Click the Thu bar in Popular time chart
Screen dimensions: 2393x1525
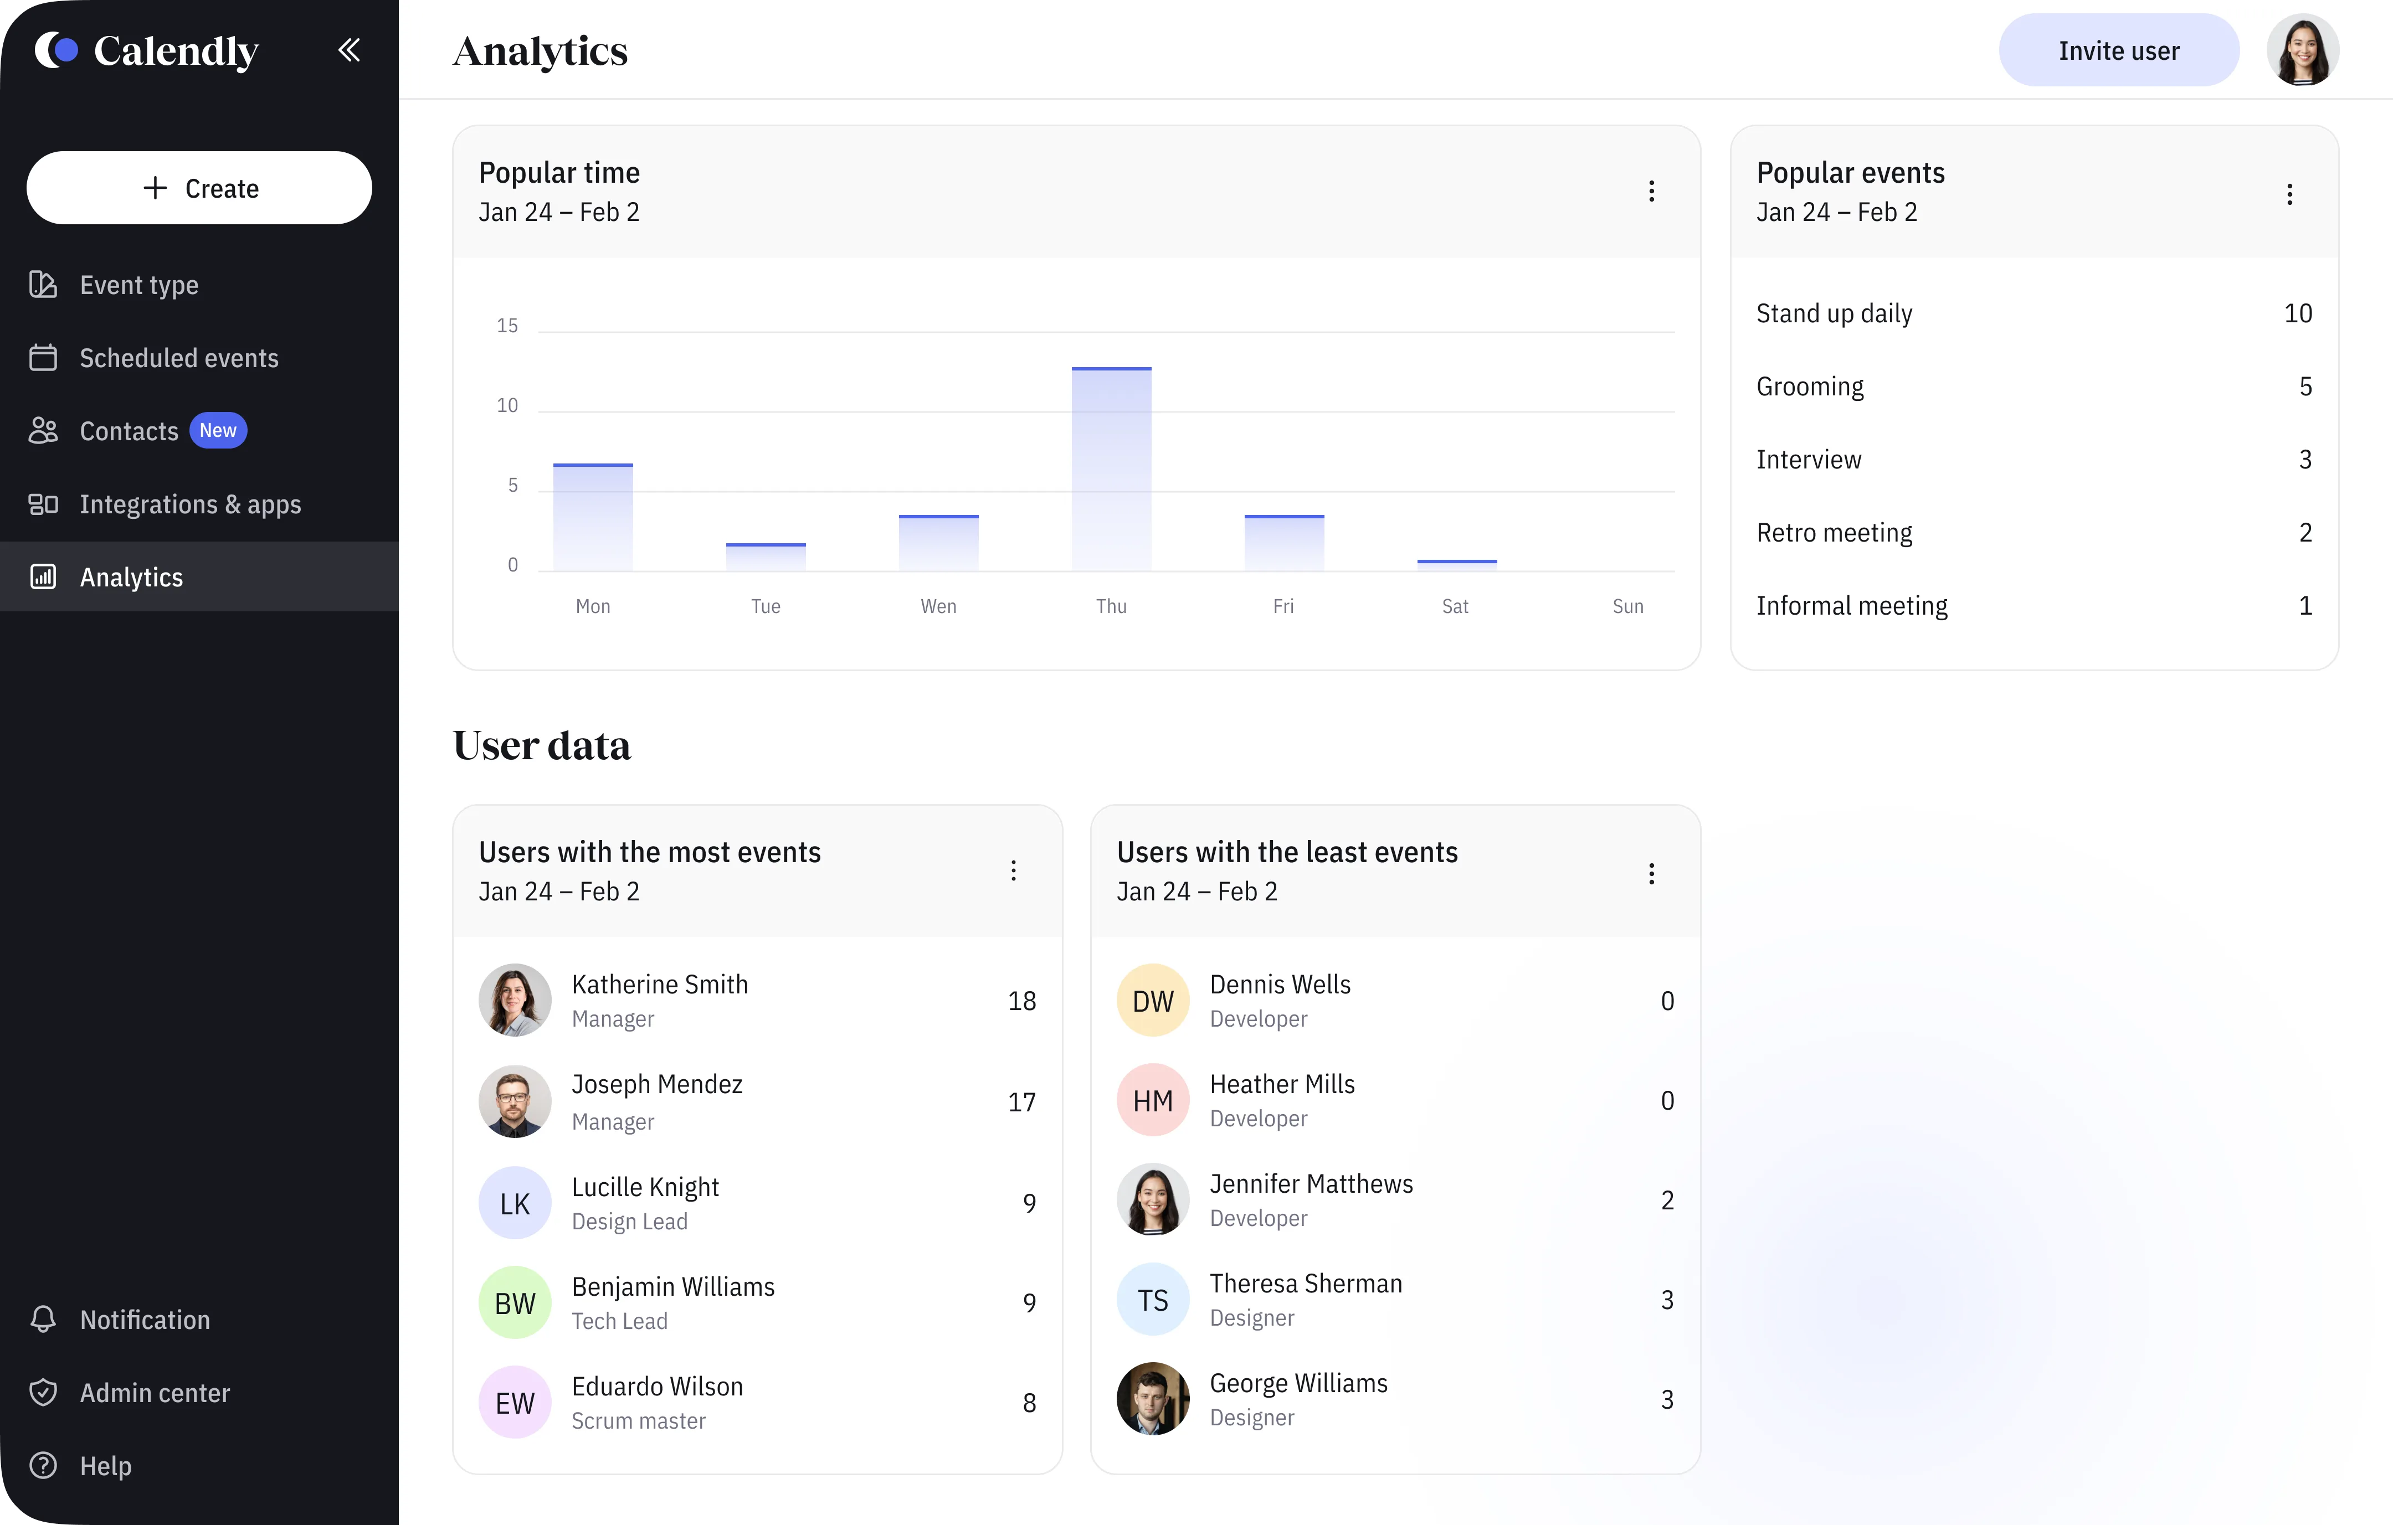click(x=1111, y=469)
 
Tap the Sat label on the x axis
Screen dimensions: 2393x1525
click(x=1455, y=606)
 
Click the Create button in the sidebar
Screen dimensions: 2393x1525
click(x=199, y=188)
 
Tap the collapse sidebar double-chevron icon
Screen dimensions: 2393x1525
click(x=349, y=50)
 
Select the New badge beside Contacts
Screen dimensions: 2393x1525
click(x=218, y=430)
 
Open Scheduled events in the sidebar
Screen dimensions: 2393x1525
click(x=179, y=358)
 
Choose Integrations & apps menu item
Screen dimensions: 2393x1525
click(x=190, y=504)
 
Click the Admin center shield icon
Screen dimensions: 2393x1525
click(x=43, y=1392)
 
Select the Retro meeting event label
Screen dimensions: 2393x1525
click(x=1834, y=533)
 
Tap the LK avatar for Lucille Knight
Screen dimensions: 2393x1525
click(x=515, y=1203)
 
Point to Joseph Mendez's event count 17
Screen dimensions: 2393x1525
click(x=1021, y=1102)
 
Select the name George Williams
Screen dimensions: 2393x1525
click(x=1298, y=1383)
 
